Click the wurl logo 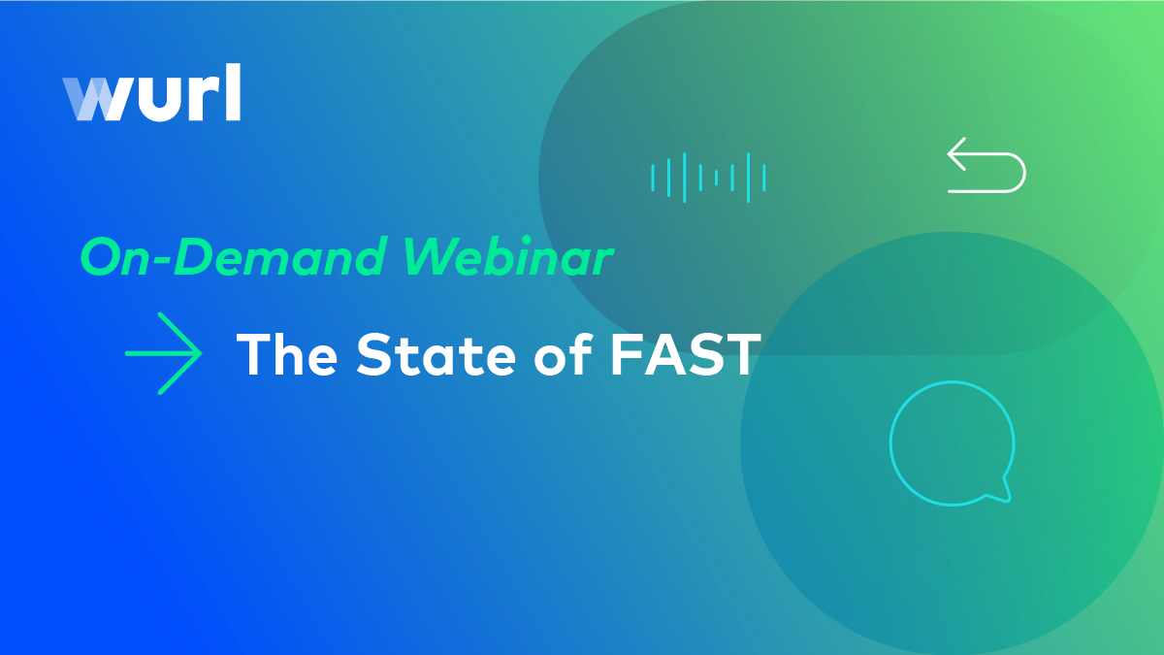151,92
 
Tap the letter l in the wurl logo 234,92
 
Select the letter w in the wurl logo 96,99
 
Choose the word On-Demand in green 234,256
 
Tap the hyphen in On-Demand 163,260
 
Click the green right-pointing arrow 163,353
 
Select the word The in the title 287,354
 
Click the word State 436,354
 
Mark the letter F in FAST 626,354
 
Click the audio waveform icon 708,178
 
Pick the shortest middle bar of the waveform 716,178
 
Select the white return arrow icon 986,165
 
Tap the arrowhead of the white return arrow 956,154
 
